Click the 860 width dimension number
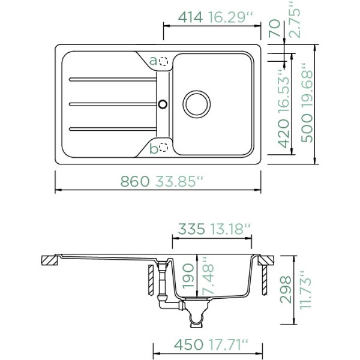coord(135,181)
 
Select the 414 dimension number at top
coord(191,17)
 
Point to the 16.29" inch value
coord(230,17)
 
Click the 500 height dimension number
coord(307,129)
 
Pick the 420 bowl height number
coord(283,134)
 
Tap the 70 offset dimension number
coord(275,28)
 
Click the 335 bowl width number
coord(191,229)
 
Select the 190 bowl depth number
coord(188,276)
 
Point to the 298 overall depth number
coord(286,290)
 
